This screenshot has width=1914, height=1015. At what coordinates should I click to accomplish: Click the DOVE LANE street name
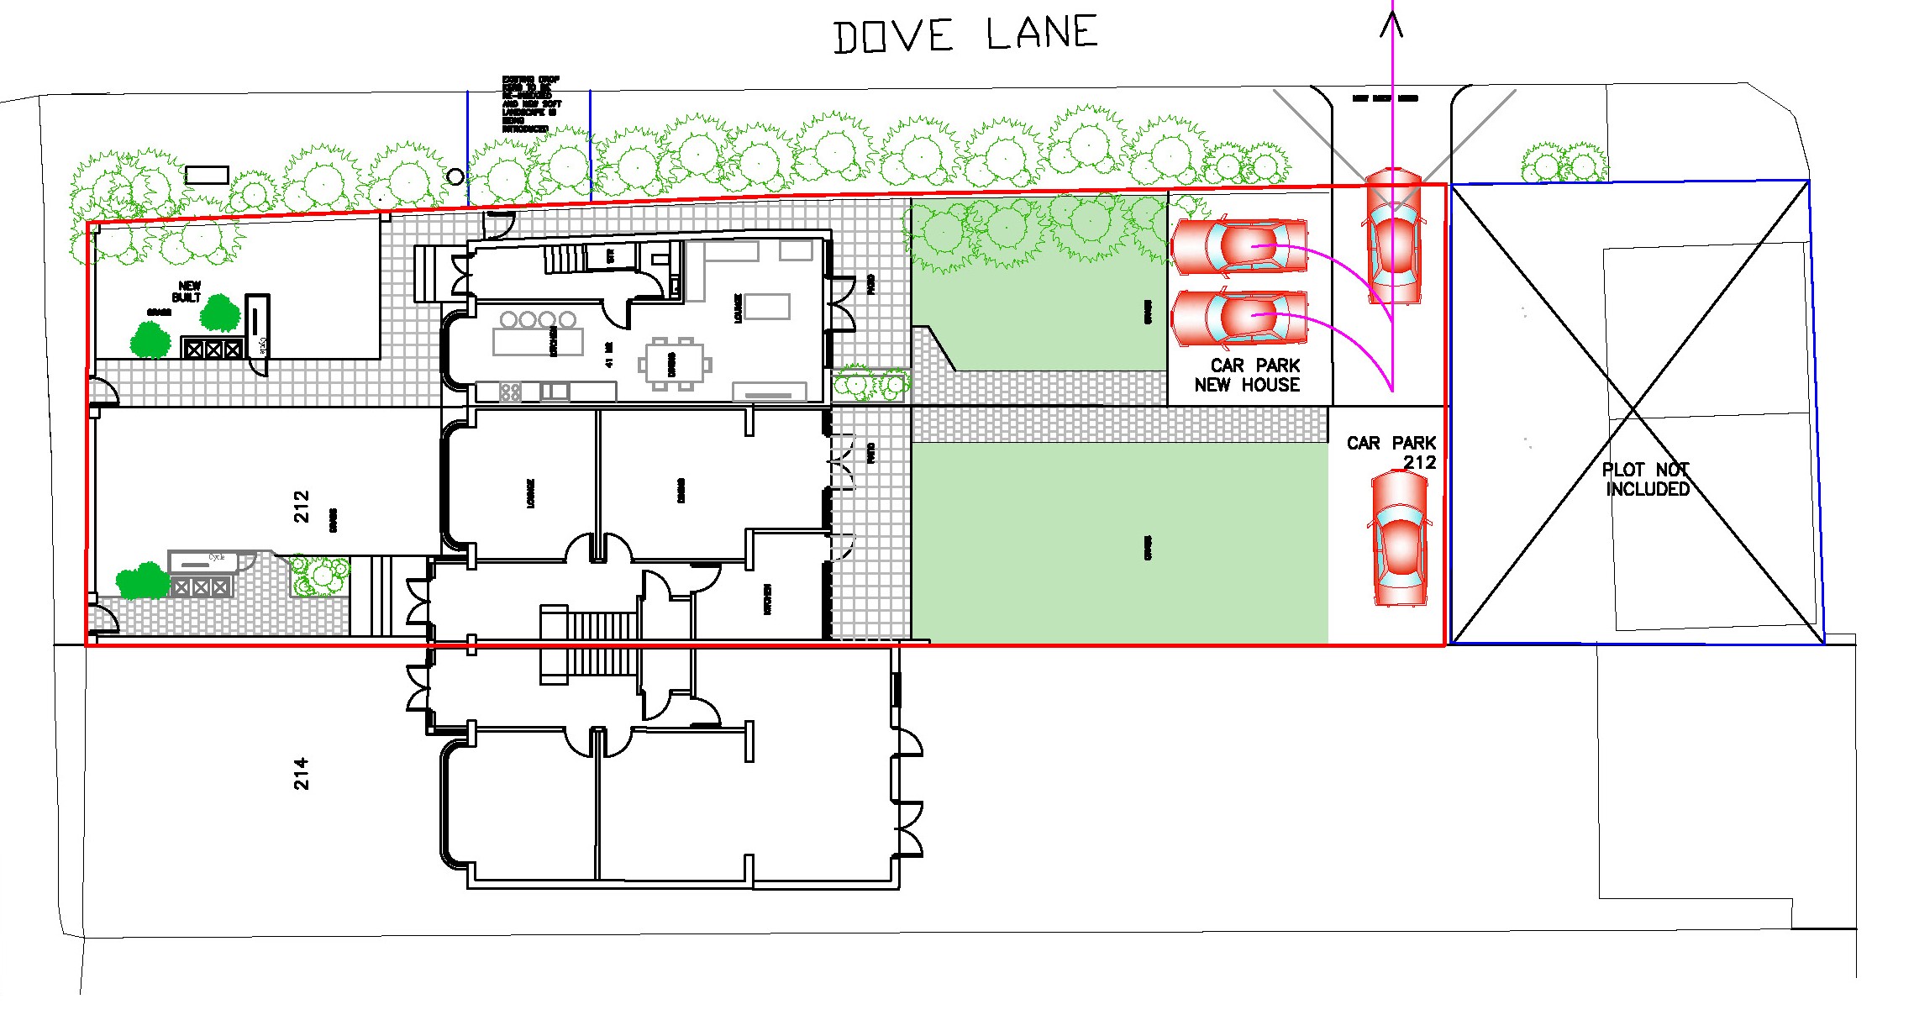tap(965, 35)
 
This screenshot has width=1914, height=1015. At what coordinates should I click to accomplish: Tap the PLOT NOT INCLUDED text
tap(1646, 480)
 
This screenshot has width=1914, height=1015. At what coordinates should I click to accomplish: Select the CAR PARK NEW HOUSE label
tap(1248, 376)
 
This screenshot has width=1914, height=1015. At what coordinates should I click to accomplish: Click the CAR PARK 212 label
tap(1392, 452)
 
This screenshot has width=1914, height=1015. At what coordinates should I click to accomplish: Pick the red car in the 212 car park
tap(1400, 538)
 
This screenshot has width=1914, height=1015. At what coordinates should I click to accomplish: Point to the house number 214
tap(301, 773)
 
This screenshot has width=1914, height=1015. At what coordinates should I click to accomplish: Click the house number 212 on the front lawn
tap(301, 507)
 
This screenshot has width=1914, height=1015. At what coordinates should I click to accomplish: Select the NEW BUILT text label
tap(187, 292)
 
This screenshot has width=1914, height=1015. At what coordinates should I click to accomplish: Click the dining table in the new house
tap(675, 365)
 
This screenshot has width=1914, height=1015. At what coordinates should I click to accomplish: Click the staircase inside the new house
tap(565, 257)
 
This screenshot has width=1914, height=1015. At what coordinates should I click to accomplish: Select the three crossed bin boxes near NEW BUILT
tap(213, 348)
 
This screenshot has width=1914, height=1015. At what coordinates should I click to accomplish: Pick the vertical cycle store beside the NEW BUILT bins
tap(257, 323)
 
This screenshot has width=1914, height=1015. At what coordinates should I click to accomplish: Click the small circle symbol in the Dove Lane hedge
tap(455, 176)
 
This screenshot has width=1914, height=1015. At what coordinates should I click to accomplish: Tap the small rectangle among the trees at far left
tap(207, 175)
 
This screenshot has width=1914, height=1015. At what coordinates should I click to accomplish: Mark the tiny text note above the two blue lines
tap(529, 104)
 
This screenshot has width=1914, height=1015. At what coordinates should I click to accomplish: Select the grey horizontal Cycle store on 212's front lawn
tap(202, 560)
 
